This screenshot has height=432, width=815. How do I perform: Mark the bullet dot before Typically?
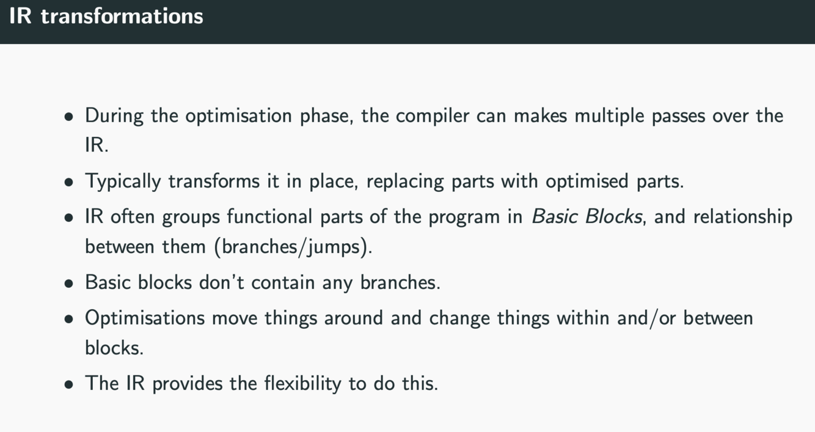click(x=70, y=182)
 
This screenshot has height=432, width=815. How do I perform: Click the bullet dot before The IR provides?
click(x=70, y=384)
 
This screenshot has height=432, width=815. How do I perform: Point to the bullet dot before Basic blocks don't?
click(x=70, y=284)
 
